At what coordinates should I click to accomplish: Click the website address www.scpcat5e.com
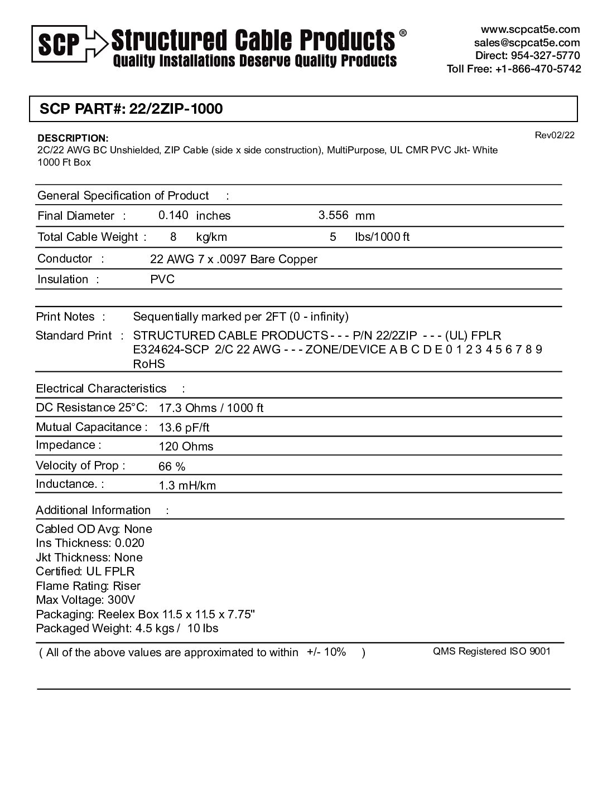point(530,30)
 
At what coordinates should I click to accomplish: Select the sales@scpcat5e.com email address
point(527,43)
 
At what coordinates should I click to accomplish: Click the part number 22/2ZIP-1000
point(176,109)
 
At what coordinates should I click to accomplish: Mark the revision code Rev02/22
point(554,135)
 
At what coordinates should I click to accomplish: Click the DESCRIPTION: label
point(73,138)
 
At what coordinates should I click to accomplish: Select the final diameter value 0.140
point(173,215)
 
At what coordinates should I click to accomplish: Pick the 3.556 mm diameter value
point(333,215)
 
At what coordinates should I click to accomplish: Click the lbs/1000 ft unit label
point(382,237)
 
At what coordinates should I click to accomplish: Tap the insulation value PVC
point(162,279)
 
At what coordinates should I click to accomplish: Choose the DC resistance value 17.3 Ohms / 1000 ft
point(211,408)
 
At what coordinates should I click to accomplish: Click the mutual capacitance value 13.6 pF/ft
point(184,428)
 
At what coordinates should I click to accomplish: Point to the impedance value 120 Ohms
point(186,447)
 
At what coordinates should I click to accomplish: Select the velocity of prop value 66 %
point(172,467)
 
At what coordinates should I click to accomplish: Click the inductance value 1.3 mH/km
point(187,486)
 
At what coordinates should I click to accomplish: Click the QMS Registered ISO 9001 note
point(492,651)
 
